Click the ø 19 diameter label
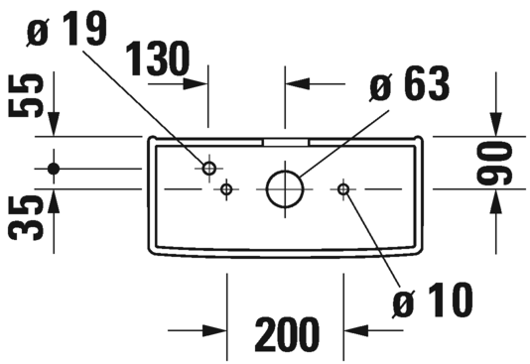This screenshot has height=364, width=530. coord(66,29)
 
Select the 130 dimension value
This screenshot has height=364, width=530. coord(157,59)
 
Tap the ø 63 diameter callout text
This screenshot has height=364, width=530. coord(409,83)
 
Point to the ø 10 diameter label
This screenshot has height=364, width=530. coord(433,300)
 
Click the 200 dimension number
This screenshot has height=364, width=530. coord(287,334)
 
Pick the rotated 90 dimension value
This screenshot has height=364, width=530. coord(494,164)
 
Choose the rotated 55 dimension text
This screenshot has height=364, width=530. coord(26,96)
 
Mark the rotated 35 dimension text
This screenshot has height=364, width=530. coord(26,218)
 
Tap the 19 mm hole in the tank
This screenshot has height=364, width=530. coord(208,168)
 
